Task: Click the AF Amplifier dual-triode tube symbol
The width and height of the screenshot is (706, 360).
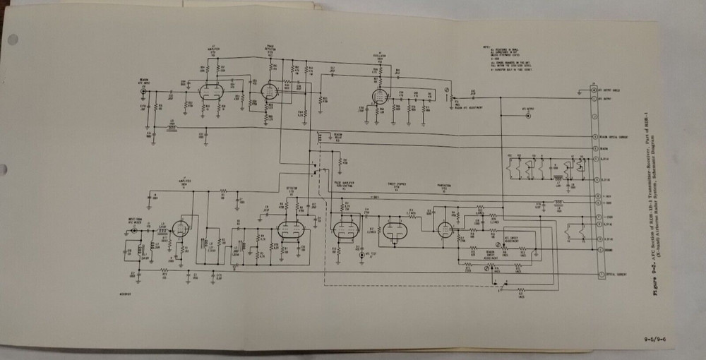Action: tap(210, 92)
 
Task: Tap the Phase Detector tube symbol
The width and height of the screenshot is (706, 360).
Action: tap(268, 91)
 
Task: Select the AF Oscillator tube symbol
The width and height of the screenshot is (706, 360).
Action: tap(380, 95)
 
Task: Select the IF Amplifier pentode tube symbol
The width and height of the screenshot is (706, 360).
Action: tap(182, 227)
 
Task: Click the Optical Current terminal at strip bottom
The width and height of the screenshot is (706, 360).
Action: tap(595, 272)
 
